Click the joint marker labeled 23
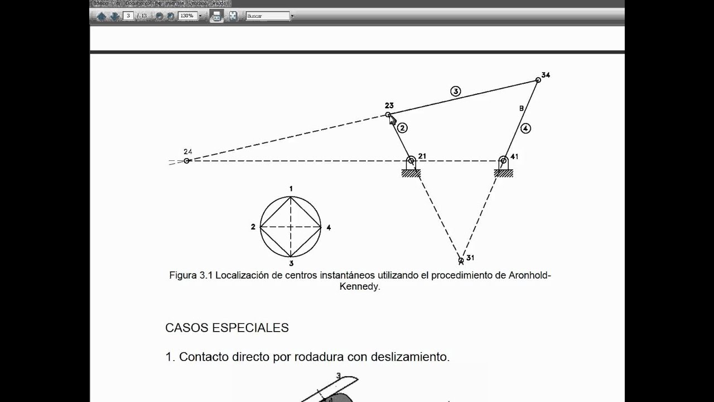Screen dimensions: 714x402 pyautogui.click(x=388, y=115)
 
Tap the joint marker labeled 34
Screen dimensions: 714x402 pyautogui.click(x=538, y=80)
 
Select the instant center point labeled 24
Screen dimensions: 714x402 pyautogui.click(x=187, y=160)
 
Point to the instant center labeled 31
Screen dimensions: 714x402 pyautogui.click(x=461, y=260)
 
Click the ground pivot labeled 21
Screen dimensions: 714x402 pyautogui.click(x=411, y=161)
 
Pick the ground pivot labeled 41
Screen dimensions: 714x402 pyautogui.click(x=503, y=161)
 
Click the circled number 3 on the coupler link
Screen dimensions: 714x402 pyautogui.click(x=456, y=91)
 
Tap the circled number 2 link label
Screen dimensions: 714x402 pyautogui.click(x=403, y=128)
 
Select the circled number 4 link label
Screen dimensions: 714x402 pyautogui.click(x=525, y=128)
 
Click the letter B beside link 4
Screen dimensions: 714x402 pyautogui.click(x=522, y=108)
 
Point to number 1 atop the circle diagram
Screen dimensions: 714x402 pyautogui.click(x=291, y=189)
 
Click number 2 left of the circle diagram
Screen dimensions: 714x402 pyautogui.click(x=253, y=227)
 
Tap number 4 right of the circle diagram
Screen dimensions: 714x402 pyautogui.click(x=329, y=227)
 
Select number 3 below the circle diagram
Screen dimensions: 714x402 pyautogui.click(x=291, y=263)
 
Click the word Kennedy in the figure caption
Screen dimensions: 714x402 pyautogui.click(x=360, y=287)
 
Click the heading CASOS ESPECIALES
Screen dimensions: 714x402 pyautogui.click(x=227, y=328)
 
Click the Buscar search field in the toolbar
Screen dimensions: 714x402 pyautogui.click(x=268, y=16)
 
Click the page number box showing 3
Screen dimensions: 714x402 pyautogui.click(x=129, y=16)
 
